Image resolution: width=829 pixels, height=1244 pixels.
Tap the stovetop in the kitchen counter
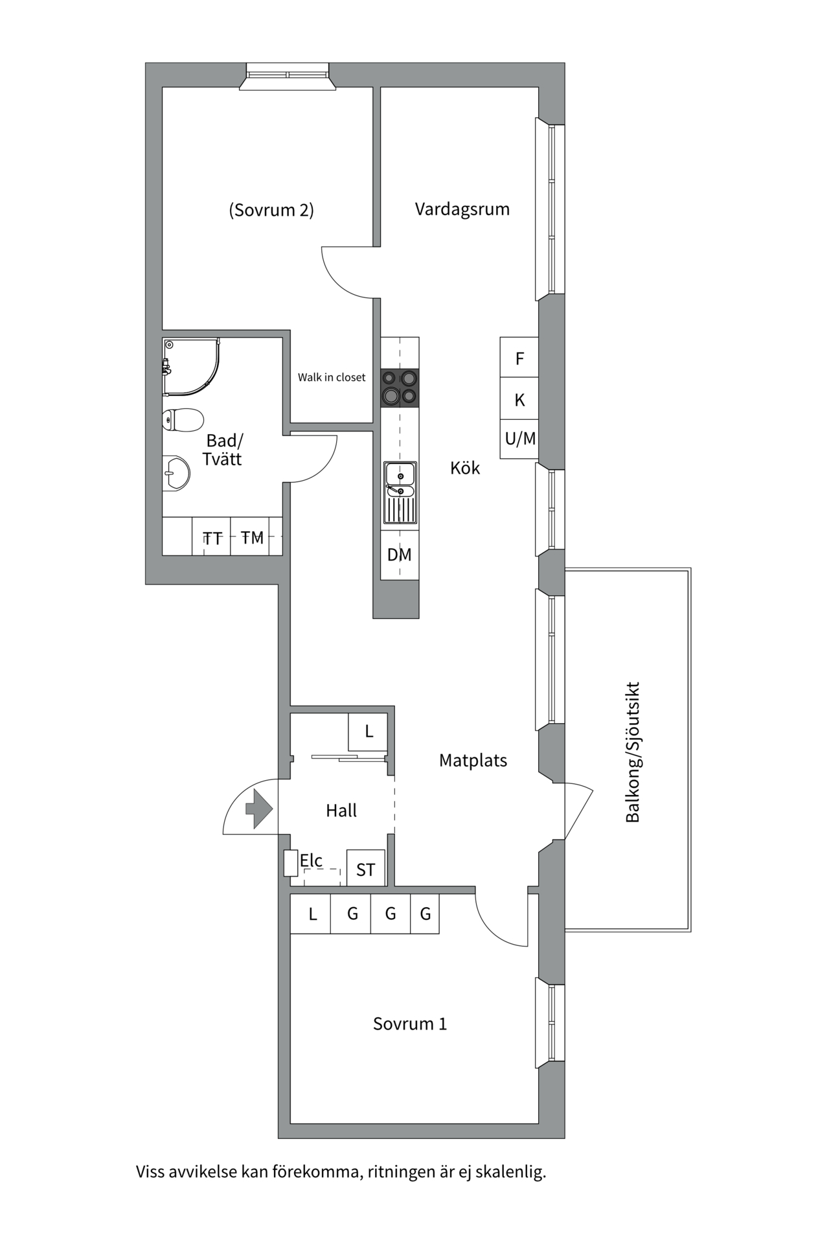point(400,388)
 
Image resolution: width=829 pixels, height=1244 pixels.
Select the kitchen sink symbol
point(400,493)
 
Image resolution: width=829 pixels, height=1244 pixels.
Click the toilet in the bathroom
point(183,420)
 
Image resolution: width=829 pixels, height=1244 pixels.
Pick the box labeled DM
point(400,555)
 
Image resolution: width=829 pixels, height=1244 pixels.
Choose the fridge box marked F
point(519,358)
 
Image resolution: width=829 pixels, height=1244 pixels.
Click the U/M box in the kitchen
point(519,439)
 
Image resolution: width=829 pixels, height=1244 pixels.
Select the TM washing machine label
point(253,537)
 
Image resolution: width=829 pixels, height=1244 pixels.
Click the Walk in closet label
point(332,377)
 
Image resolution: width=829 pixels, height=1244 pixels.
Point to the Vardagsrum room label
point(462,209)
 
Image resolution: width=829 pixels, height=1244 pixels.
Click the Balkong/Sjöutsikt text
point(633,752)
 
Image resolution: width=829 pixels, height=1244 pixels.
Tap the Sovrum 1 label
point(410,1024)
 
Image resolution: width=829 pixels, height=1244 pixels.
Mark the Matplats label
point(473,761)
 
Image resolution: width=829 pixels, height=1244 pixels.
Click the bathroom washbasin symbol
point(176,474)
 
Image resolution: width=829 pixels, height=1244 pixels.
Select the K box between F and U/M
point(519,399)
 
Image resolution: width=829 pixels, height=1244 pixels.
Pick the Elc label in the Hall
point(311,860)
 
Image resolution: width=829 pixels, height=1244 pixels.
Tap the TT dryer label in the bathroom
point(212,538)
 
